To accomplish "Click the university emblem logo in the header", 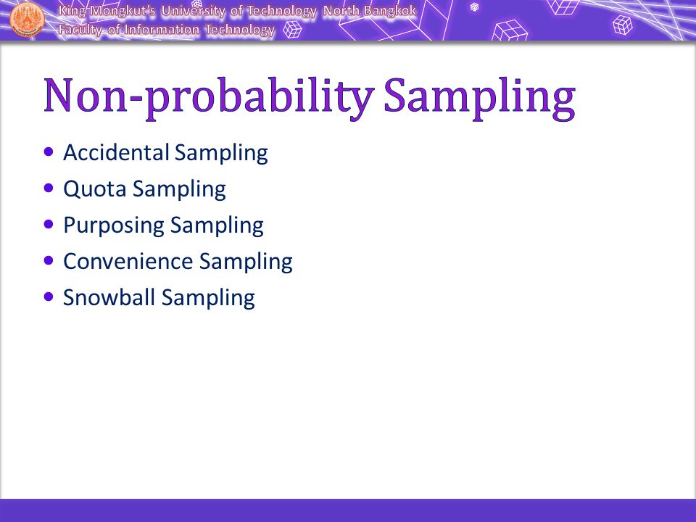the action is [27, 19].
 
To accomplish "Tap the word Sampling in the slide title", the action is [480, 98].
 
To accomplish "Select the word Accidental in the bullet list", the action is [116, 152].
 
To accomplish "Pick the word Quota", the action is [95, 189].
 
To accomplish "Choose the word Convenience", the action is [128, 261].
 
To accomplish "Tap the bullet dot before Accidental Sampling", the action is [49, 152].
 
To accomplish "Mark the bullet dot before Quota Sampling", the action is [49, 188].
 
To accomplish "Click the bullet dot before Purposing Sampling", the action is [49, 224].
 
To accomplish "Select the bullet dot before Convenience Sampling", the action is [49, 260].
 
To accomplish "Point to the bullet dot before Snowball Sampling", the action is [49, 297].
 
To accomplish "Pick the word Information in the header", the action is [162, 30].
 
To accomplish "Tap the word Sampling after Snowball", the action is [208, 298].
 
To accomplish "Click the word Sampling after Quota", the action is [179, 189].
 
